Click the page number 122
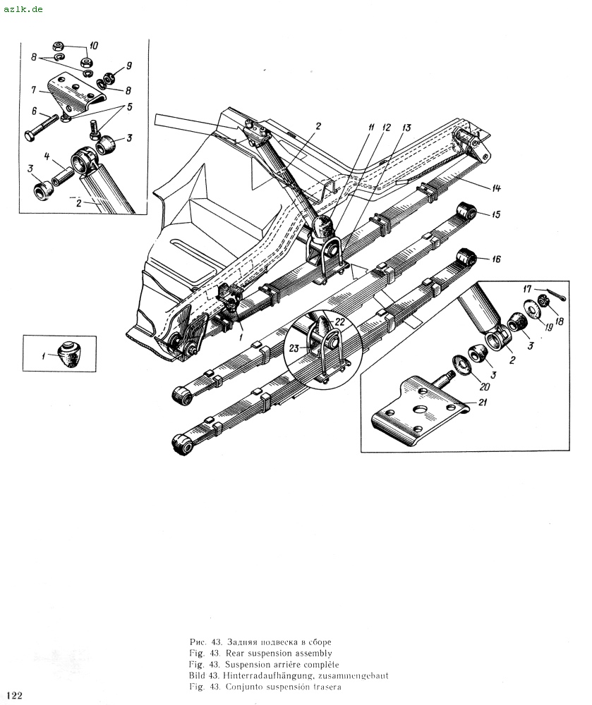pyautogui.click(x=14, y=695)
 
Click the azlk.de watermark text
pyautogui.click(x=23, y=9)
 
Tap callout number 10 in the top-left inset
pyautogui.click(x=94, y=46)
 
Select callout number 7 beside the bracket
pyautogui.click(x=34, y=90)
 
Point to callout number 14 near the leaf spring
pyautogui.click(x=496, y=188)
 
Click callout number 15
pyautogui.click(x=496, y=214)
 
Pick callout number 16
pyautogui.click(x=496, y=259)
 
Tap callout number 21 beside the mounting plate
pyautogui.click(x=483, y=402)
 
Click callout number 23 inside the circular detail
pyautogui.click(x=294, y=348)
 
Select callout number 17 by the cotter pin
pyautogui.click(x=527, y=289)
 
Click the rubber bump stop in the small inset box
pyautogui.click(x=69, y=354)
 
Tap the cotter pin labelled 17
pyautogui.click(x=556, y=295)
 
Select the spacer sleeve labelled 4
pyautogui.click(x=61, y=176)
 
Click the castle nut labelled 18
pyautogui.click(x=544, y=301)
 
